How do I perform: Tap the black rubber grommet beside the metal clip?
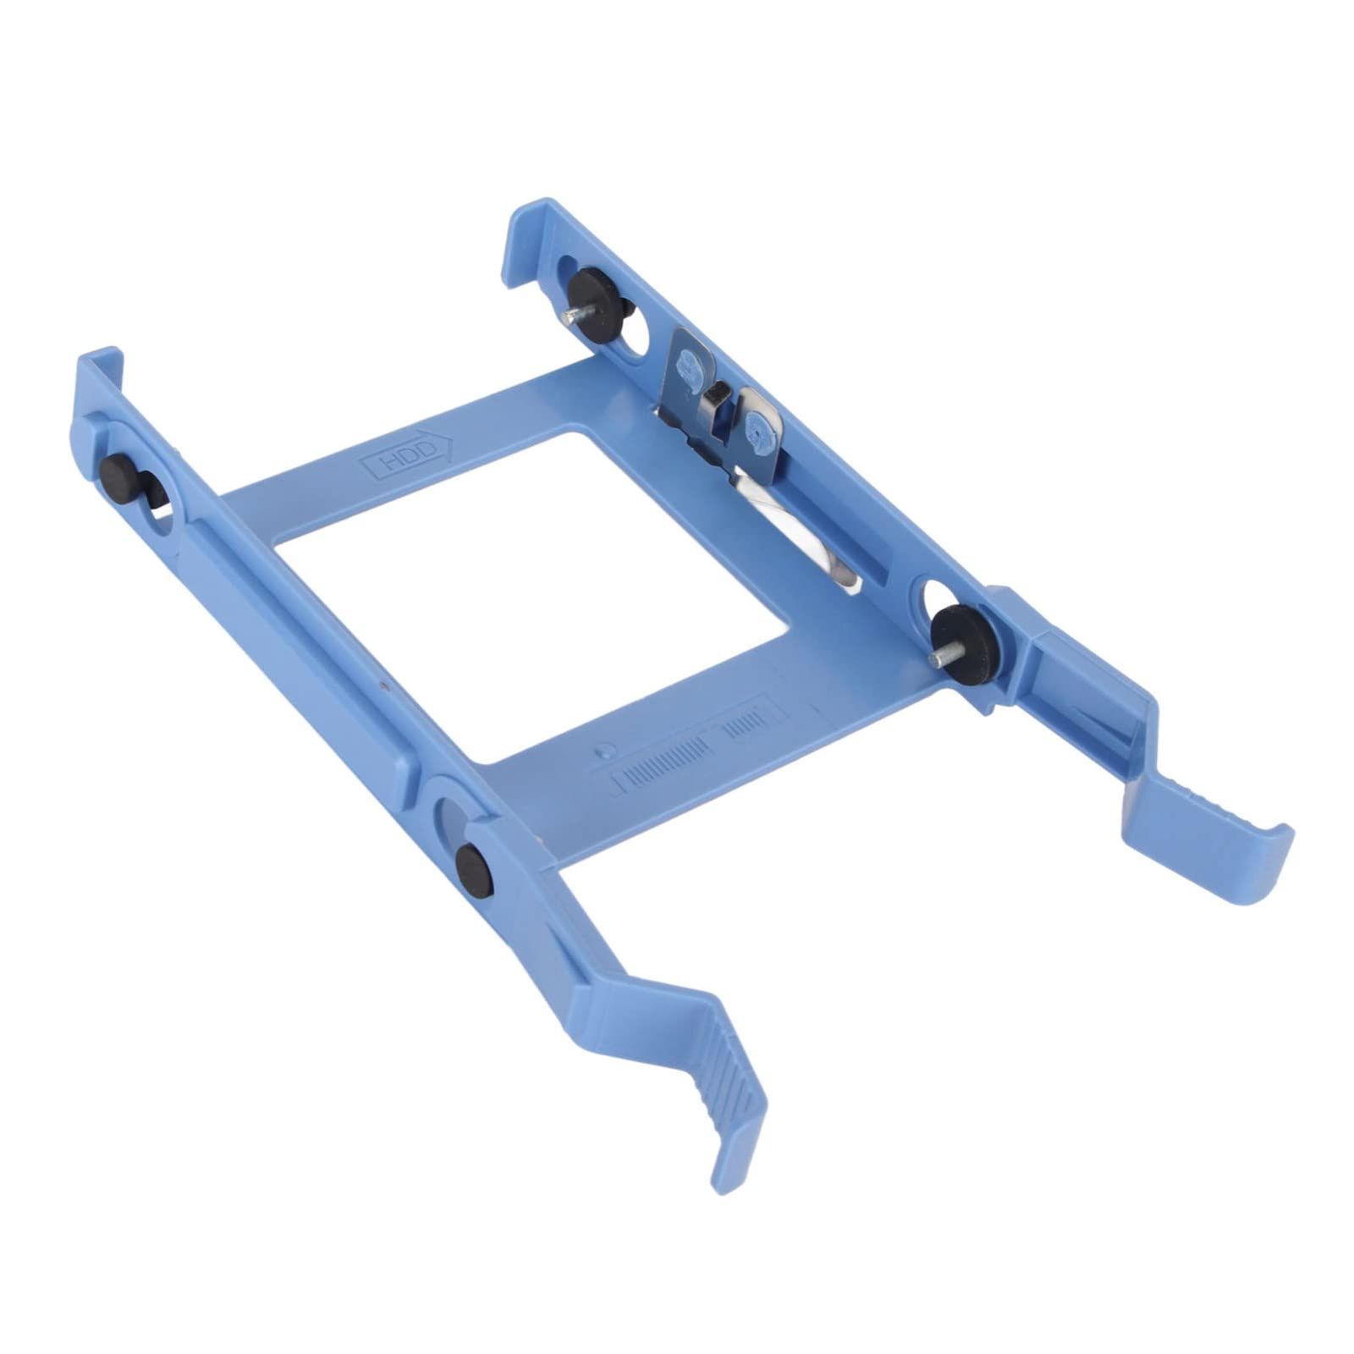pos(600,305)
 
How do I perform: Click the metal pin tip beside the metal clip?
pos(564,315)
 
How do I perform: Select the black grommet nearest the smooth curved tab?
pos(966,640)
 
